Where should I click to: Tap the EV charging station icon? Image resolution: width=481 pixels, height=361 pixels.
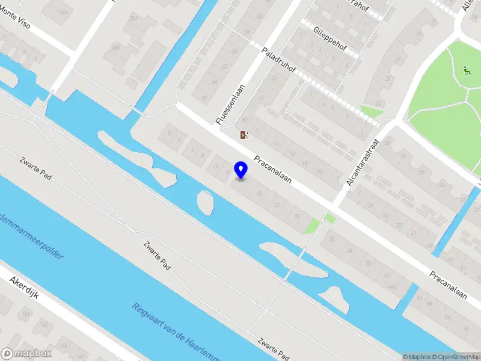pyautogui.click(x=244, y=135)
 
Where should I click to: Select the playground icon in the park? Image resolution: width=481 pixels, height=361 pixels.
pyautogui.click(x=467, y=70)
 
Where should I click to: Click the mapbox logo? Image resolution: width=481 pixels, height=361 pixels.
pyautogui.click(x=26, y=354)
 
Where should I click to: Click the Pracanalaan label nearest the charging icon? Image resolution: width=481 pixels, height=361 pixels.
pyautogui.click(x=276, y=171)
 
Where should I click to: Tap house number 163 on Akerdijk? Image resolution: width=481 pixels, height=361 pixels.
pyautogui.click(x=43, y=326)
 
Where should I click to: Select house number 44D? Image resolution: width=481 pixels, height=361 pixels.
pyautogui.click(x=391, y=287)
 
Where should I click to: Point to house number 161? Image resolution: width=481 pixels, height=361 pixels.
pyautogui.click(x=25, y=313)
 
